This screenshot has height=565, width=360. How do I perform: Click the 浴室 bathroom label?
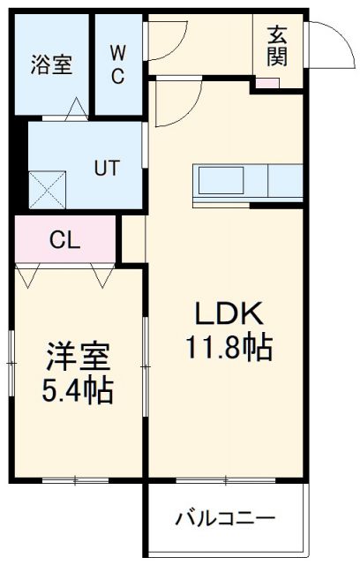tap(51, 64)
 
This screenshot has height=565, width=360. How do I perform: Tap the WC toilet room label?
tap(117, 63)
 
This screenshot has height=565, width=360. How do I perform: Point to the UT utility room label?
tap(108, 165)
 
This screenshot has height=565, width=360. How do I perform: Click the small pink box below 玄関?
tap(266, 85)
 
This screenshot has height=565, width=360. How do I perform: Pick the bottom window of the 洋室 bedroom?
tap(76, 480)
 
